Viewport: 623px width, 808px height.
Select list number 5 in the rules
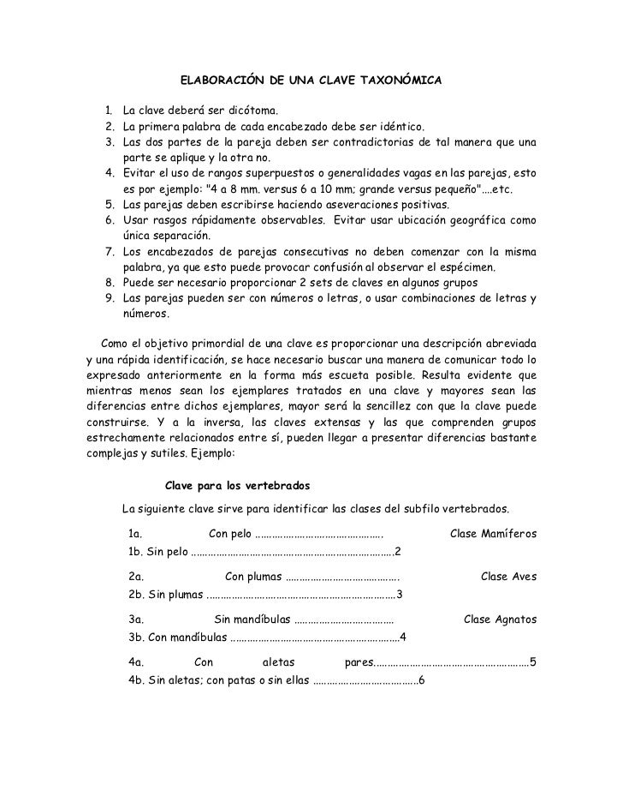pos(110,205)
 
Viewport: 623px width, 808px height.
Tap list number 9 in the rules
pos(110,299)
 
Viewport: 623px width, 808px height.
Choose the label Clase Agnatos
pos(500,619)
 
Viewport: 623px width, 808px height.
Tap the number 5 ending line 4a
pos(532,661)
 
